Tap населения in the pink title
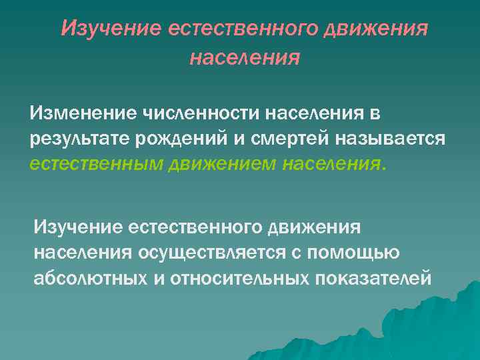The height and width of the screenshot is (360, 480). point(245,58)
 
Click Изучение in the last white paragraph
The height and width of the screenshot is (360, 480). point(81,228)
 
